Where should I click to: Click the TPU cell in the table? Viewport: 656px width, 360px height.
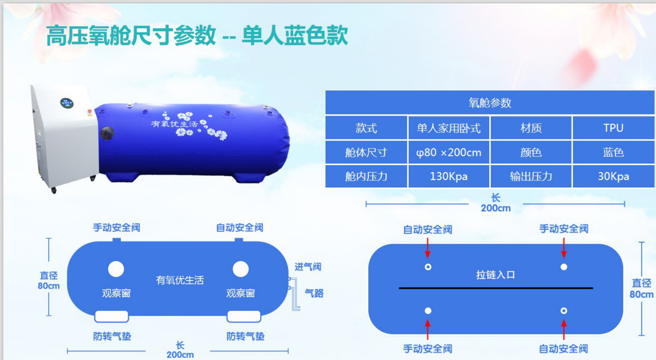[613, 128]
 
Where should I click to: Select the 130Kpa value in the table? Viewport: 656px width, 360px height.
[449, 177]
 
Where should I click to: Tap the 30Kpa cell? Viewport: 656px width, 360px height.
[613, 177]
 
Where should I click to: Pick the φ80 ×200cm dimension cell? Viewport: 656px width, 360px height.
[449, 153]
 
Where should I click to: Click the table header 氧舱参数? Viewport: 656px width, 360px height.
[490, 103]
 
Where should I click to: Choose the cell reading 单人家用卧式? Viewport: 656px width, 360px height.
[449, 128]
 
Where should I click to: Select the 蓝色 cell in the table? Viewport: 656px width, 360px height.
[613, 153]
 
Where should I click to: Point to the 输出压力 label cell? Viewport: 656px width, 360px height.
[531, 177]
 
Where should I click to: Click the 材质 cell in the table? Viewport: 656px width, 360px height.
[531, 128]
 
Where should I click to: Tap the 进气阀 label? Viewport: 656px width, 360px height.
[308, 267]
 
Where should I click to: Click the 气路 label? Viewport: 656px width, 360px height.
[314, 293]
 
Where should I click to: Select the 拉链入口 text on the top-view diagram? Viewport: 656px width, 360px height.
[495, 275]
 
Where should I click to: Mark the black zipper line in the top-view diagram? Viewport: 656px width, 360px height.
[496, 288]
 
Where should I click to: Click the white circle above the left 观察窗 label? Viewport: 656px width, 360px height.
[116, 269]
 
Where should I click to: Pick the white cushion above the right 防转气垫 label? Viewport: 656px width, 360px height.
[244, 316]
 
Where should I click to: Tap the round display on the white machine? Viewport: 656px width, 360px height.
[67, 103]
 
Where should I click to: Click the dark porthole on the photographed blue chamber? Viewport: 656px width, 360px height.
[107, 133]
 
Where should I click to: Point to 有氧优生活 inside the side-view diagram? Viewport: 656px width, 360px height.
[180, 280]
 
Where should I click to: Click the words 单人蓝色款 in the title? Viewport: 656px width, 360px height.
[295, 35]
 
